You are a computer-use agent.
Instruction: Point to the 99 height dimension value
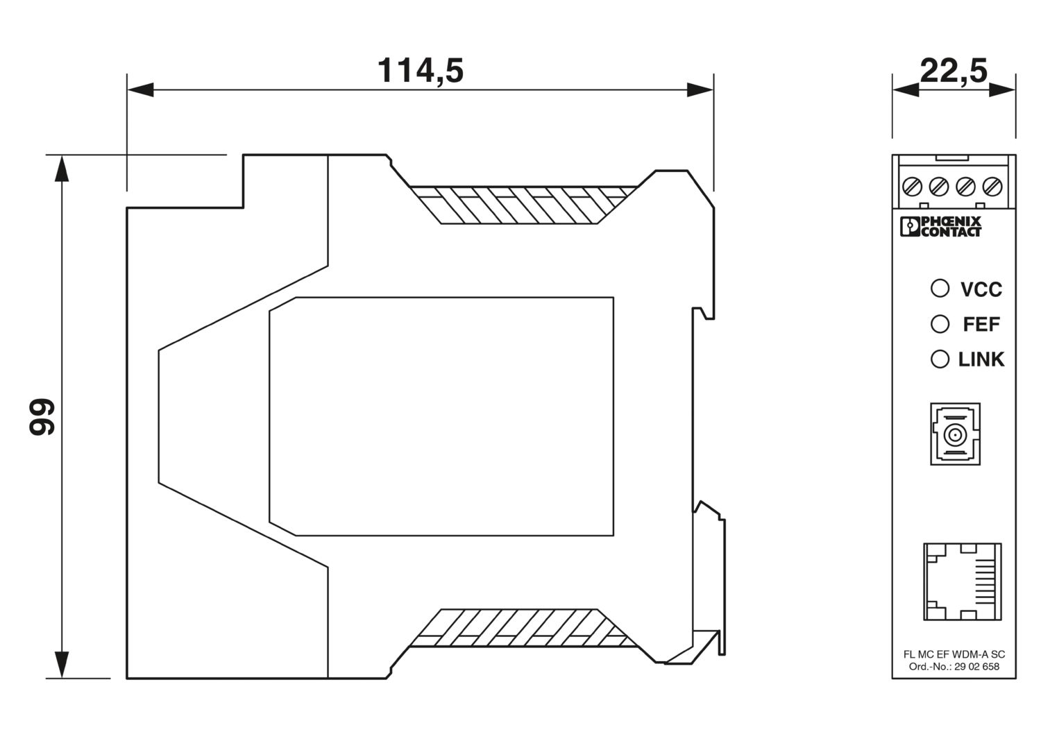click(x=42, y=417)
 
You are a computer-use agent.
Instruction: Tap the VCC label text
click(x=981, y=289)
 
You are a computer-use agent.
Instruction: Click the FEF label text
click(x=981, y=324)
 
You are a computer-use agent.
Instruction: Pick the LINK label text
click(x=981, y=359)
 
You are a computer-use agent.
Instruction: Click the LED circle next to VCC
click(x=940, y=288)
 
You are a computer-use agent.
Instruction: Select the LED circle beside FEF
click(x=940, y=324)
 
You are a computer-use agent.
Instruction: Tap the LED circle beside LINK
click(x=940, y=359)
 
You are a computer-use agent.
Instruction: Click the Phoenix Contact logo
click(x=940, y=227)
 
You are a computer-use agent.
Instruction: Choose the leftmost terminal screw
click(x=912, y=187)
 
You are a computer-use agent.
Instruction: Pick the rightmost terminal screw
click(x=992, y=187)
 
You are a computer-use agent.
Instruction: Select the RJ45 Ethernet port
click(x=963, y=581)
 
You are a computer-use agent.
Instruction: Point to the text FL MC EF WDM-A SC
click(x=954, y=654)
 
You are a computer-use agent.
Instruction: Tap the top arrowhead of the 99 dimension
click(x=62, y=168)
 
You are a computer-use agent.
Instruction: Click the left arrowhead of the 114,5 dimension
click(x=140, y=90)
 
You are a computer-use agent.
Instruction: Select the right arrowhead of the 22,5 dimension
click(x=1002, y=90)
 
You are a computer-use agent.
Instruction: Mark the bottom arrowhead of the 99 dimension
click(x=62, y=665)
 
